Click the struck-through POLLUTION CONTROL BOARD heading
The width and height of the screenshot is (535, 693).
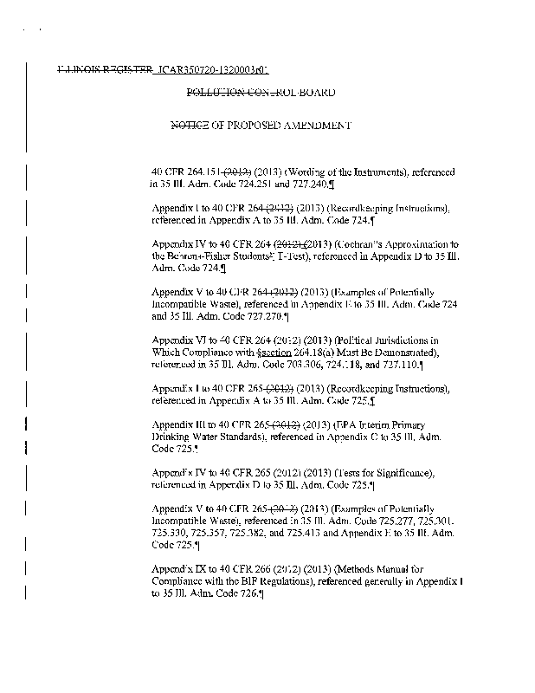coord(261,92)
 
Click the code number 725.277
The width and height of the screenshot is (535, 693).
coord(384,521)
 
